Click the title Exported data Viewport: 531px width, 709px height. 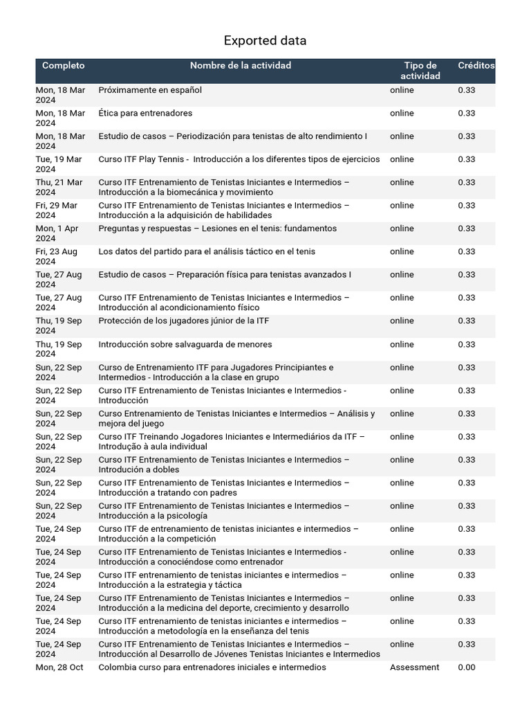pyautogui.click(x=265, y=41)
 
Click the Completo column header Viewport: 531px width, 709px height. pyautogui.click(x=63, y=66)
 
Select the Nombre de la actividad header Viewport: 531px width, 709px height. pyautogui.click(x=241, y=66)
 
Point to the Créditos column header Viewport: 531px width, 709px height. pyautogui.click(x=476, y=66)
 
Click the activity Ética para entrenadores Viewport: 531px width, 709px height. pyautogui.click(x=145, y=113)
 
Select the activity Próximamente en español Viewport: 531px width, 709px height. pyautogui.click(x=150, y=90)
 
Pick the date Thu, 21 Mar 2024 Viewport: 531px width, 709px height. pyautogui.click(x=59, y=187)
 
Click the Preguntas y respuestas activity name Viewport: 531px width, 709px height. pyautogui.click(x=217, y=228)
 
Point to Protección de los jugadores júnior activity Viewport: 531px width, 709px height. pyautogui.click(x=190, y=321)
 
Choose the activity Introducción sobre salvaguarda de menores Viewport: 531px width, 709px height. pyautogui.click(x=185, y=344)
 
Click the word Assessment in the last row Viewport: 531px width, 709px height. pyautogui.click(x=414, y=667)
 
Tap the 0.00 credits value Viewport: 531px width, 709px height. pyautogui.click(x=466, y=667)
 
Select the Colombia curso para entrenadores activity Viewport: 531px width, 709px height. pyautogui.click(x=212, y=667)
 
